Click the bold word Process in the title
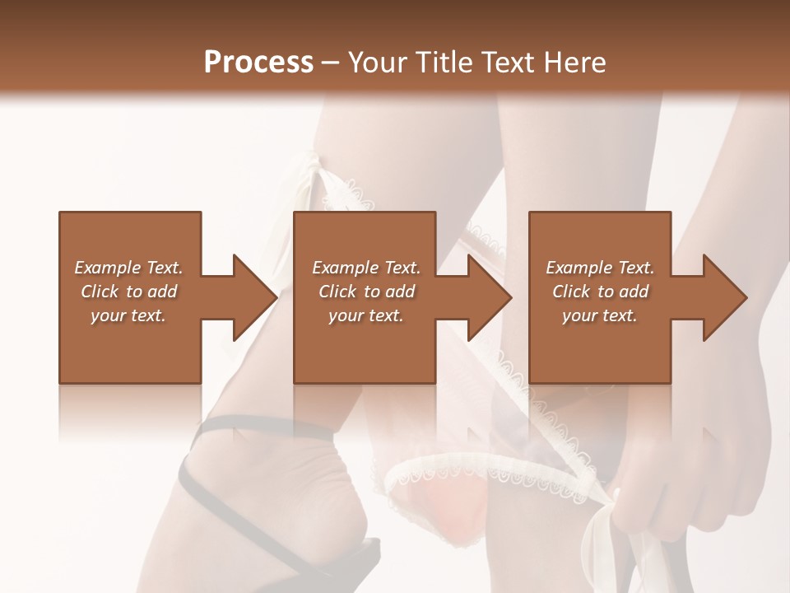point(258,62)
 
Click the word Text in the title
point(508,62)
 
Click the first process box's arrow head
point(255,297)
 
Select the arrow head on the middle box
point(490,297)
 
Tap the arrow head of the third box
point(725,297)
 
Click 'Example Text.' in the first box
point(128,268)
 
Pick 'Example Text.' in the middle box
point(366,268)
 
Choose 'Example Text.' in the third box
point(600,268)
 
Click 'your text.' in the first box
point(128,315)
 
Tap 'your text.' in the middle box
point(366,315)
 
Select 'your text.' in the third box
point(600,315)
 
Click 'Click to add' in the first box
point(128,292)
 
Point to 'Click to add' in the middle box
point(366,292)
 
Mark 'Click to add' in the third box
point(600,292)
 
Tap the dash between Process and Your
point(331,63)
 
